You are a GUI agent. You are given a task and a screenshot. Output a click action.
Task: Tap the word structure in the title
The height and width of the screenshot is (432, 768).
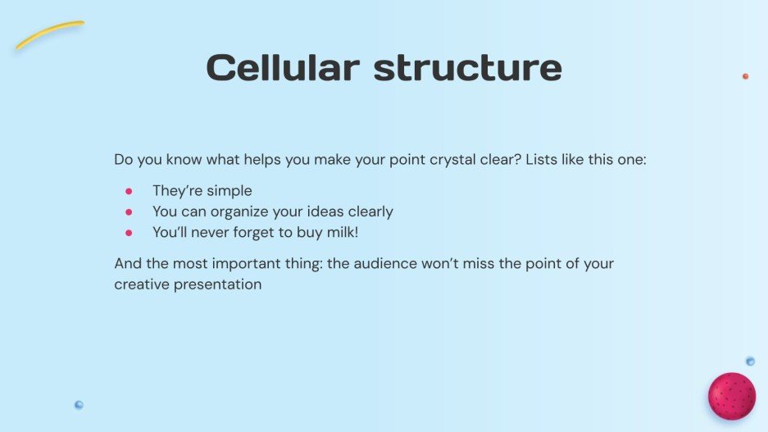click(468, 67)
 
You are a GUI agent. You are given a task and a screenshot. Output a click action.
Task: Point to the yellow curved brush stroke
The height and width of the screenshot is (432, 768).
click(49, 34)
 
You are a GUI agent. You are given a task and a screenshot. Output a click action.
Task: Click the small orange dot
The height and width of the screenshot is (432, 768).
click(745, 76)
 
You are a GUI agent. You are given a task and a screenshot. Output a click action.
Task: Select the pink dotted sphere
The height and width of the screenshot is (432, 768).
click(731, 396)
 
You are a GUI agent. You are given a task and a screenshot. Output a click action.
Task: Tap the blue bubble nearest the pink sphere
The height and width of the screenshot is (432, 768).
click(750, 361)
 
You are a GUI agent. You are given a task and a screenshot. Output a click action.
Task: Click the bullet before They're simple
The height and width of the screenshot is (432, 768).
click(129, 191)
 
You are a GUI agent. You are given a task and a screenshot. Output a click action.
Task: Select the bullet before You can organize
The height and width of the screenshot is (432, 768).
click(129, 212)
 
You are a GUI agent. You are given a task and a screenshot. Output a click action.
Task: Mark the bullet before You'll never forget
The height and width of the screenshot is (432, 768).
click(129, 233)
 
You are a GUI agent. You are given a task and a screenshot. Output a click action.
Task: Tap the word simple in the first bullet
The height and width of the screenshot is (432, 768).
click(229, 191)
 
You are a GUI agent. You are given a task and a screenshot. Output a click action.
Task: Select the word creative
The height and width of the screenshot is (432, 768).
click(142, 284)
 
